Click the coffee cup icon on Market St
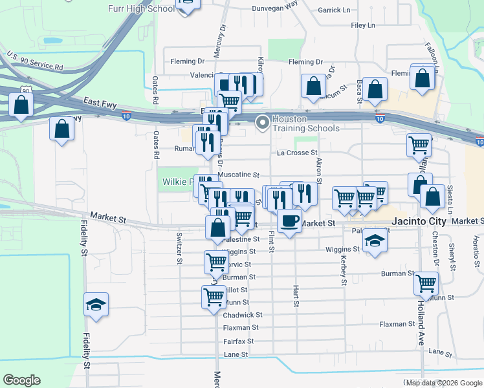coord(289,220)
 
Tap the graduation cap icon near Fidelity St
coord(96,305)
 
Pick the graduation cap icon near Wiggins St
coord(374,241)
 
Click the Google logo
coord(21,380)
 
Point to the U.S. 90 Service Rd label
coord(35,62)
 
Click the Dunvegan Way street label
coord(274,3)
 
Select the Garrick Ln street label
coord(334,10)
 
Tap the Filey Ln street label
coord(362,26)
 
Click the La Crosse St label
coord(297,153)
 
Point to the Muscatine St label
coord(238,175)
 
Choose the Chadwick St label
coord(242,315)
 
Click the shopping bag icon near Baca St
coord(374,90)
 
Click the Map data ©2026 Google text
coord(443,383)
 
